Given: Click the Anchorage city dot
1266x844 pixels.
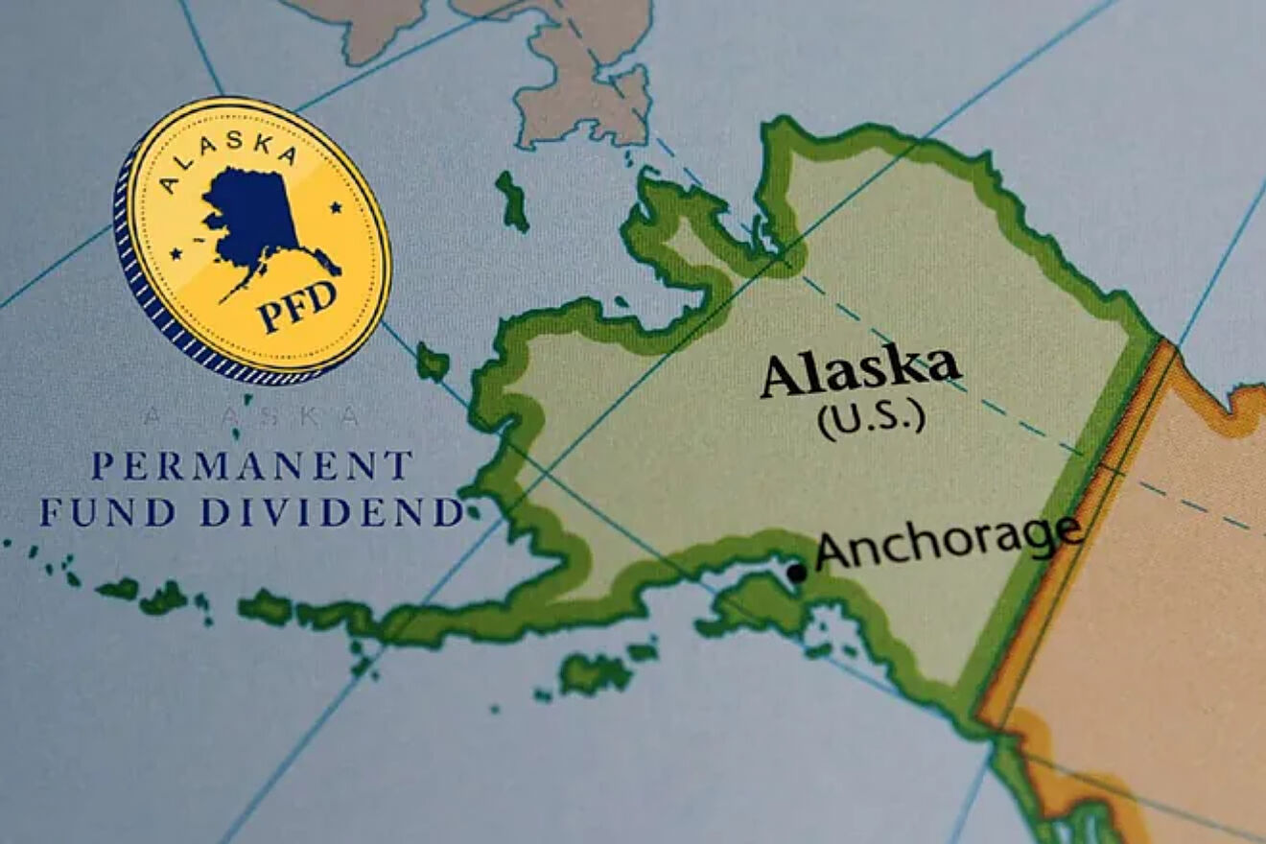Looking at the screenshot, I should (796, 573).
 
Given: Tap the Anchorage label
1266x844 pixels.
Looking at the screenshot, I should (949, 542).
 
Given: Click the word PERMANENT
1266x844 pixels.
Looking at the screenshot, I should (251, 467).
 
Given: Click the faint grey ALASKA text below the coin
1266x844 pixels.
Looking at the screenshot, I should (251, 416).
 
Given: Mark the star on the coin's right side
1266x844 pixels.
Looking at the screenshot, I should (338, 207).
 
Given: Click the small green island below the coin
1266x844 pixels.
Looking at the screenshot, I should (434, 363).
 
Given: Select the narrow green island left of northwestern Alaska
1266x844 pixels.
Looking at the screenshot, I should (512, 201).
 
